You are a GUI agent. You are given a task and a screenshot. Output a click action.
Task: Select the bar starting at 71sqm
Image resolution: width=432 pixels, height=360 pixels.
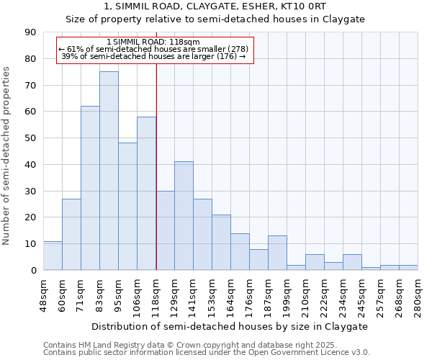click(90, 188)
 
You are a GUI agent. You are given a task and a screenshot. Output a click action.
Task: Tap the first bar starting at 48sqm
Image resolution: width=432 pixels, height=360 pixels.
click(53, 256)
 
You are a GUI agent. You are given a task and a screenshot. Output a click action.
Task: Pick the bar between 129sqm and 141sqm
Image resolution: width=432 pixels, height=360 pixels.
click(184, 216)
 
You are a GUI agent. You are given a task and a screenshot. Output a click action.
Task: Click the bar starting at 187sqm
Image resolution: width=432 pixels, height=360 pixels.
click(277, 253)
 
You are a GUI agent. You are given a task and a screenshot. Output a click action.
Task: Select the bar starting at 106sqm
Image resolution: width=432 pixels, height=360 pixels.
click(146, 193)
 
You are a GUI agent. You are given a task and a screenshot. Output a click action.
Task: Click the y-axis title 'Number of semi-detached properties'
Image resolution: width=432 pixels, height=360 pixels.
click(7, 155)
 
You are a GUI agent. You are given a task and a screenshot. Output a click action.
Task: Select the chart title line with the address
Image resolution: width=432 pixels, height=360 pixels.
click(215, 6)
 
